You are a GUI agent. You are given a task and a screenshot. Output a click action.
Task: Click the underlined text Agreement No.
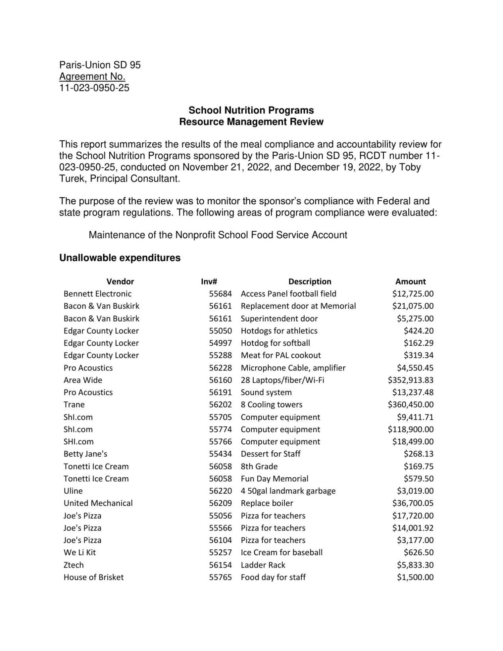click(92, 76)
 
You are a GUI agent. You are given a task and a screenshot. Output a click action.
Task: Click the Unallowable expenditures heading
click(120, 258)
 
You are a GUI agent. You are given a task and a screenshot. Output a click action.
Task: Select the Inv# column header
click(209, 281)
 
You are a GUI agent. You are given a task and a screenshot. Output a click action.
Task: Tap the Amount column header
click(410, 281)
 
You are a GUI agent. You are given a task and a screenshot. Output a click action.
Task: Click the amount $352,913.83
click(410, 380)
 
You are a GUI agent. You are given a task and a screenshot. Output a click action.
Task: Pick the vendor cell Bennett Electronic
click(97, 294)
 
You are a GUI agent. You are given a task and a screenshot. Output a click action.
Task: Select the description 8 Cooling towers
click(271, 405)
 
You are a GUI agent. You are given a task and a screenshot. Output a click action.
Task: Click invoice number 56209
click(220, 503)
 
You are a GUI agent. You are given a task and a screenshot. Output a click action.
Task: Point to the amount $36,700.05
click(413, 503)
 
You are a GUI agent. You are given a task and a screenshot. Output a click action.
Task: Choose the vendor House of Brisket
click(93, 577)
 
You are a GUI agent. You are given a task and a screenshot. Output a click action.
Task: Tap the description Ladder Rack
click(263, 565)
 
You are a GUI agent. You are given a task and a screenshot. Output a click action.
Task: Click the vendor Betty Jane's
click(85, 454)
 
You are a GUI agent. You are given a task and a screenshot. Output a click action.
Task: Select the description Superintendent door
click(279, 318)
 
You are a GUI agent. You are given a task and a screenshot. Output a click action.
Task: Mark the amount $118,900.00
click(410, 429)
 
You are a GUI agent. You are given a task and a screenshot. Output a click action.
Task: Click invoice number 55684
click(220, 294)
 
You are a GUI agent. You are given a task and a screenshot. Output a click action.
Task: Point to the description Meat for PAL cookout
click(280, 355)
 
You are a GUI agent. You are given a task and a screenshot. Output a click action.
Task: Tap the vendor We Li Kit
click(80, 552)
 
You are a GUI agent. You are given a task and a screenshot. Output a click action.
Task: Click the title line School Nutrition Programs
click(251, 110)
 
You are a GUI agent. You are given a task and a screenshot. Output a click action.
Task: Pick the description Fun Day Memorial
click(274, 479)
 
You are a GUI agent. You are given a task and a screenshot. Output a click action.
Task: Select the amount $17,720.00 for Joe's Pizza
click(413, 515)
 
